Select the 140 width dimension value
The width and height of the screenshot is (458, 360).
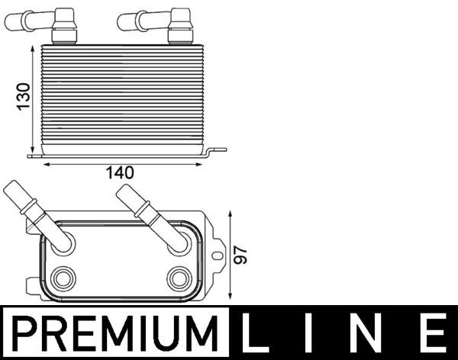point(121,173)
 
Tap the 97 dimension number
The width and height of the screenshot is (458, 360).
point(242,255)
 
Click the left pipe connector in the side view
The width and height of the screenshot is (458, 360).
point(56,22)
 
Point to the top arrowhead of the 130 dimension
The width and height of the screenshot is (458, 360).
point(32,48)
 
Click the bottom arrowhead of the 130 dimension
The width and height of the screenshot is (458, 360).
point(32,151)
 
